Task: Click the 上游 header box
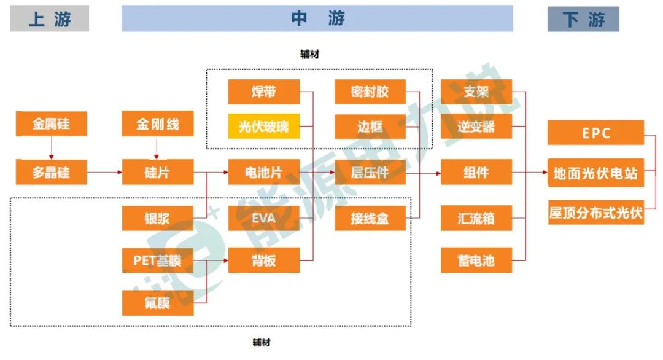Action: (x=49, y=19)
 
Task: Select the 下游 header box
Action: (x=583, y=19)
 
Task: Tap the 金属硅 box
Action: (x=51, y=124)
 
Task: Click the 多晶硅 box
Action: (x=51, y=172)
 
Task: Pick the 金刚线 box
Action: (x=158, y=124)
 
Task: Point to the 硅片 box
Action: (x=158, y=172)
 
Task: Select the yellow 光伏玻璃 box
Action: (x=264, y=127)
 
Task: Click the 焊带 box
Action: (x=264, y=92)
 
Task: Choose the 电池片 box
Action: (x=264, y=172)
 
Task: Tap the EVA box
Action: (x=264, y=218)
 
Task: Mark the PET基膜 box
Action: (x=158, y=260)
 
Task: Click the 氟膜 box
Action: (x=158, y=303)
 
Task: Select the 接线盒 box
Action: (x=370, y=218)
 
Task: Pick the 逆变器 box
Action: (x=476, y=127)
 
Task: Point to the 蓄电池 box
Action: (x=476, y=260)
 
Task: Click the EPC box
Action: (x=595, y=133)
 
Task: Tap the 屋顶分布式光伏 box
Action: (x=595, y=213)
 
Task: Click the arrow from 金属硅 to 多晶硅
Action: (x=52, y=148)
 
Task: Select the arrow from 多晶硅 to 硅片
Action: (x=104, y=173)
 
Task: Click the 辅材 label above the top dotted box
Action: (x=309, y=55)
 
